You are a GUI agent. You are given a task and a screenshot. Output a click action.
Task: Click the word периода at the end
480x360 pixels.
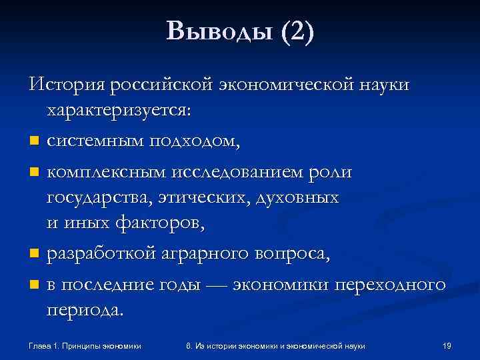[85, 310]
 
